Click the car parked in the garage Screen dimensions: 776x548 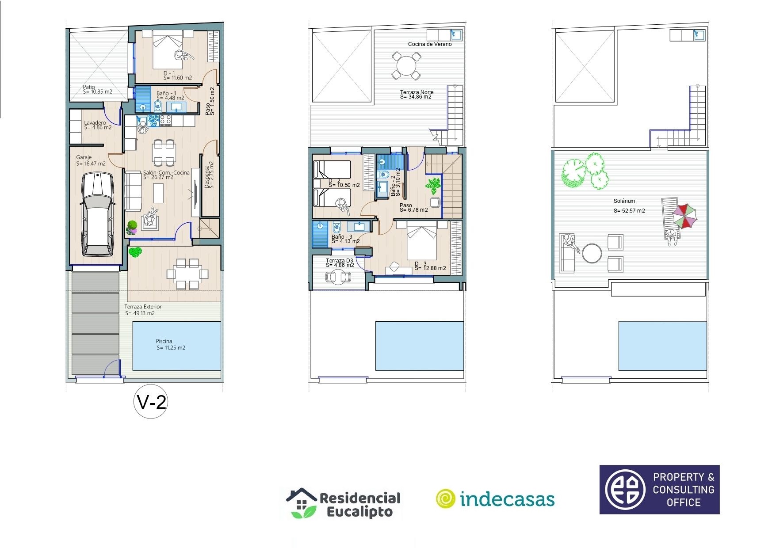tap(96, 214)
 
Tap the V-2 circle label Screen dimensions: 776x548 tap(151, 402)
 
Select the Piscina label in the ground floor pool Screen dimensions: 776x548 tap(164, 341)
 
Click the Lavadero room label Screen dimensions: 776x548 tap(95, 123)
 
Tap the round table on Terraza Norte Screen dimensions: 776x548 tap(405, 66)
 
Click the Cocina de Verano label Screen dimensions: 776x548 tap(430, 44)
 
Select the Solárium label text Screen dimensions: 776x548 tap(624, 201)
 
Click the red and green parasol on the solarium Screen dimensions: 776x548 tap(684, 216)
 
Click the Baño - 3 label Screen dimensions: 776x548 tap(342, 237)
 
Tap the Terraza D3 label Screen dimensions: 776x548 tap(340, 261)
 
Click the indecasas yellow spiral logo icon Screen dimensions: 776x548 tap(445, 499)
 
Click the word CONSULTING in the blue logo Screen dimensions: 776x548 tap(683, 490)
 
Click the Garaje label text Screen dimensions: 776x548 tap(84, 157)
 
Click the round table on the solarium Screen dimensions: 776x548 tap(592, 254)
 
